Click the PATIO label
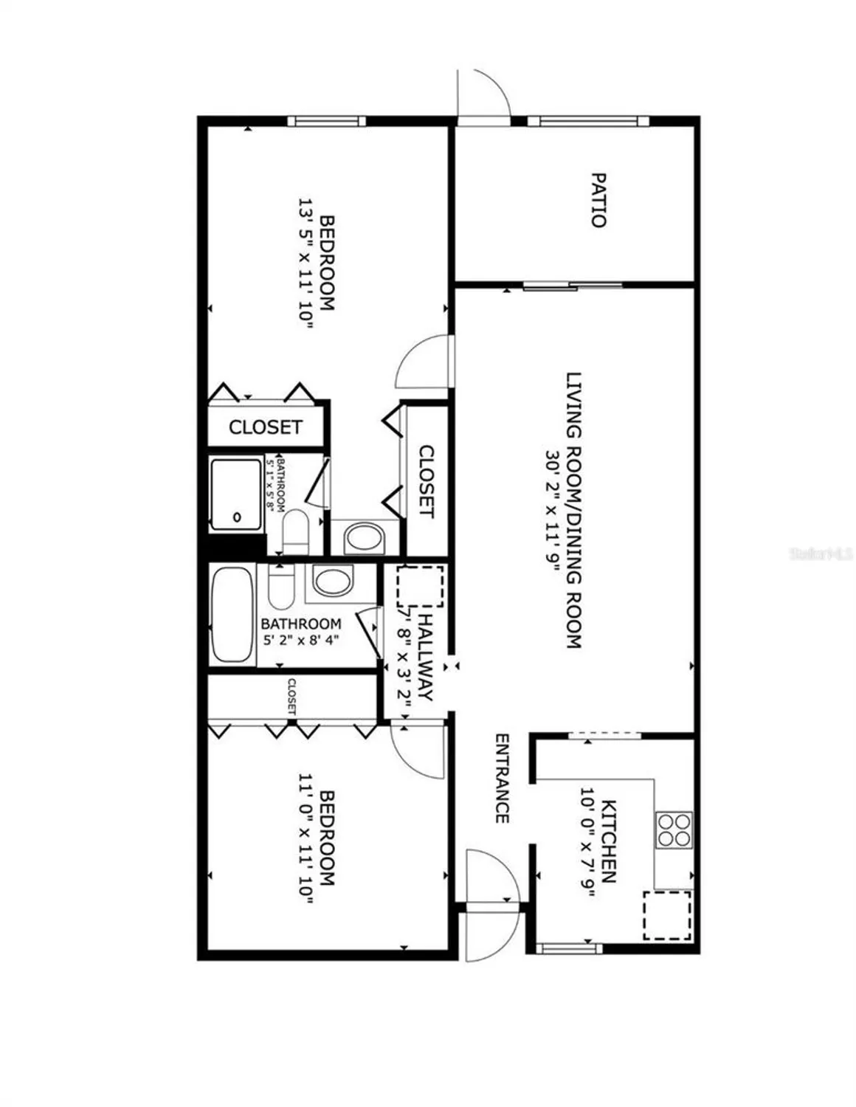tap(598, 200)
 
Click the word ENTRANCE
tap(502, 779)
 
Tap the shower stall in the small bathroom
tap(236, 494)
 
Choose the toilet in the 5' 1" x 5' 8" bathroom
tap(296, 531)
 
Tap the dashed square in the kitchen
tap(667, 915)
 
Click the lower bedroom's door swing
tap(418, 751)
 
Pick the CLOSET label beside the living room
tap(426, 480)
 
